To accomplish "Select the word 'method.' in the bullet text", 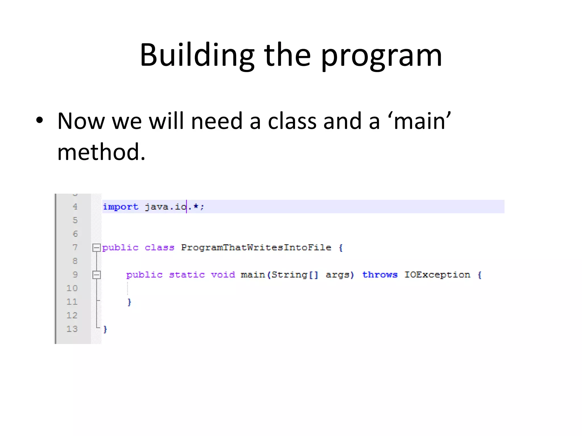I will [x=101, y=152].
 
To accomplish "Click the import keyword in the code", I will [x=120, y=207].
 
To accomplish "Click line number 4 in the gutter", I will [x=75, y=207].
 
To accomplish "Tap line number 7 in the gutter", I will [x=75, y=248].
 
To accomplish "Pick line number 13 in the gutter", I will [x=72, y=329].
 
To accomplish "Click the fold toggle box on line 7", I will [x=96, y=248].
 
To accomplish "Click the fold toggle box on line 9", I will [x=96, y=275].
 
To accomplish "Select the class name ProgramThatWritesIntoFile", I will [x=256, y=248].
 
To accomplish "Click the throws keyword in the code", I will [x=380, y=275].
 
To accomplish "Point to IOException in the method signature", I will [x=437, y=275].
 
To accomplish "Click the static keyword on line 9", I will [x=187, y=275].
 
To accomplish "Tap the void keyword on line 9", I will [x=223, y=275].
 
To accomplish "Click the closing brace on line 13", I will [x=105, y=329].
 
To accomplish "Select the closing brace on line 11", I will [x=129, y=302].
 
